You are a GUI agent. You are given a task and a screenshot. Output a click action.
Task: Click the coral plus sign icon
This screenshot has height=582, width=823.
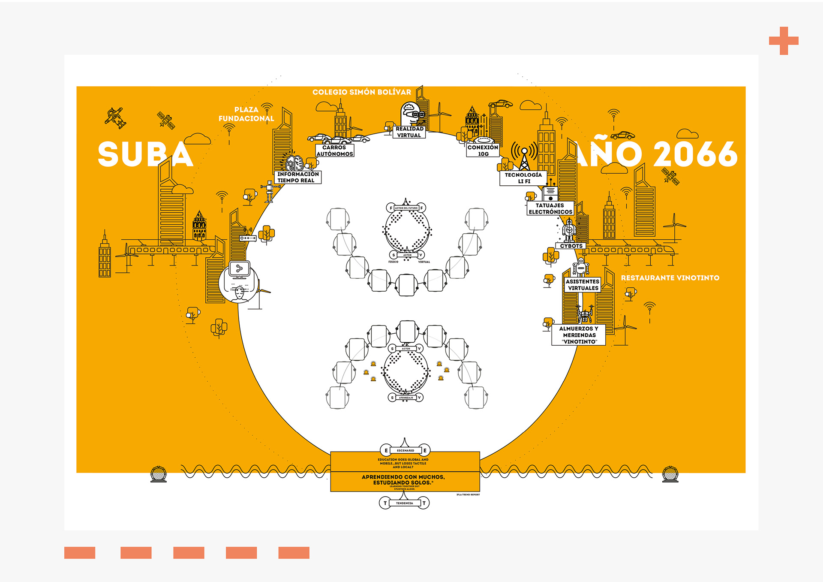[x=784, y=41]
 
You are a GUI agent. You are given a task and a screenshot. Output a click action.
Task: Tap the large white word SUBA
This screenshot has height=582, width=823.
[x=145, y=154]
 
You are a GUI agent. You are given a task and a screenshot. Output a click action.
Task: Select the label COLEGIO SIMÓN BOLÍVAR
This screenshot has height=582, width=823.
[x=361, y=92]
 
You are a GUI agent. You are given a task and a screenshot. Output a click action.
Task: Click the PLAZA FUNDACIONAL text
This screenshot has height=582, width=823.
[x=246, y=114]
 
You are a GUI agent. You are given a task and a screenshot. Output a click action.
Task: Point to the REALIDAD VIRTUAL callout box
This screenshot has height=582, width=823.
[x=409, y=132]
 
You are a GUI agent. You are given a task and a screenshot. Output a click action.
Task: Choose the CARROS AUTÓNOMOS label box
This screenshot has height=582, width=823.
[x=334, y=151]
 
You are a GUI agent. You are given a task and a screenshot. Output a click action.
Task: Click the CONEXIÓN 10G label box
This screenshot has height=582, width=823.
[x=483, y=151]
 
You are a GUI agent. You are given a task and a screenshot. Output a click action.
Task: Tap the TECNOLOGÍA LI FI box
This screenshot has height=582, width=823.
[x=523, y=178]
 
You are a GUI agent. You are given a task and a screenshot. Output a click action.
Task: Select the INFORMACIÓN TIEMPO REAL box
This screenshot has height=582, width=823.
[x=297, y=177]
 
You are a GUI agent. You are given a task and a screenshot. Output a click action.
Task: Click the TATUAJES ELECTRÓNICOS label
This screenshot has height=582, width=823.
[x=550, y=208]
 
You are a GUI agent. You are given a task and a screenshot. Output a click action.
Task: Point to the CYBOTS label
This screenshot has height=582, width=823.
[x=571, y=246]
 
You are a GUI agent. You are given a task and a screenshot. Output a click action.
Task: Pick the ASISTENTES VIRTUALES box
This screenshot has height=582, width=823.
[x=583, y=285]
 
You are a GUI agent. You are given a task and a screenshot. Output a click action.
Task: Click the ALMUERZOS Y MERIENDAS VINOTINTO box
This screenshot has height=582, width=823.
[x=579, y=335]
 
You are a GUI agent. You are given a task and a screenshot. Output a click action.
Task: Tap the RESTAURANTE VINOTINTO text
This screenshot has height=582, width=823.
[x=670, y=278]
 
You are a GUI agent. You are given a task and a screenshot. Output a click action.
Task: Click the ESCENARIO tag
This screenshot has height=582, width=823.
[x=405, y=450]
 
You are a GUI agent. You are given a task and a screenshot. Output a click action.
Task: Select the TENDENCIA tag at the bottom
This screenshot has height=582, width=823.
[x=404, y=503]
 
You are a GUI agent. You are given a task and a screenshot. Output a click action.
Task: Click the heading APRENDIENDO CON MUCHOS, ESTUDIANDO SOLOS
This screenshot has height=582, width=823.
[x=403, y=479]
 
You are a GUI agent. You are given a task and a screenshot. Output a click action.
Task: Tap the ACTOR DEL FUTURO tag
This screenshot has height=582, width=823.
[x=406, y=208]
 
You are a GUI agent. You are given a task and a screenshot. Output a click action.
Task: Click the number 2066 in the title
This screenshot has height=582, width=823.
[x=695, y=154]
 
